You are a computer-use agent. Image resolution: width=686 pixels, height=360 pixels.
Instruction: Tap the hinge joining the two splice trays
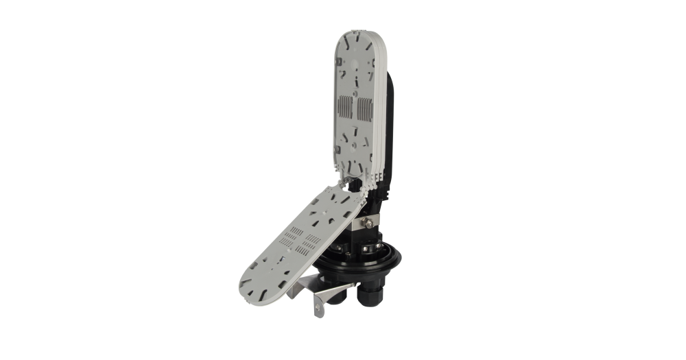350,181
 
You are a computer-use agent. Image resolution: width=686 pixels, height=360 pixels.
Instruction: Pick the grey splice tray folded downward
295,237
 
